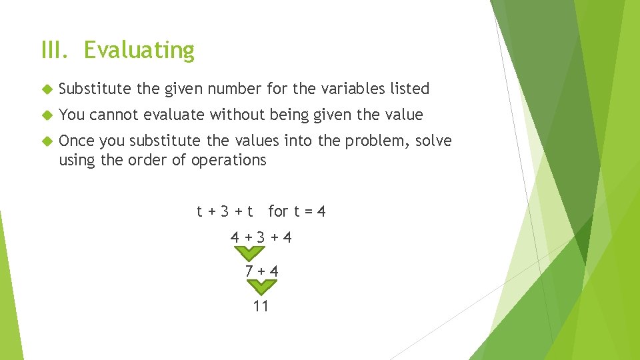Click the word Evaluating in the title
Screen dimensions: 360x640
(x=139, y=51)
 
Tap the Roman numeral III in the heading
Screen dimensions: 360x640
(x=55, y=50)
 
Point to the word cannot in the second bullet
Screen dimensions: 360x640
(x=113, y=115)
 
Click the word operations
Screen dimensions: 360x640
(x=229, y=160)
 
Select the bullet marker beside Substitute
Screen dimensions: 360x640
(x=46, y=89)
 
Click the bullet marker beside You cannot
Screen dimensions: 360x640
(x=46, y=115)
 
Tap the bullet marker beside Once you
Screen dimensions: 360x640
(x=46, y=141)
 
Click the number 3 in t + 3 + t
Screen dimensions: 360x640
(x=225, y=212)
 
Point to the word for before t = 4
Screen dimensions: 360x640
(x=278, y=212)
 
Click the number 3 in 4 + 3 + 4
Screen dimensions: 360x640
(x=261, y=237)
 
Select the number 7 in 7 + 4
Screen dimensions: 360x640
(x=249, y=271)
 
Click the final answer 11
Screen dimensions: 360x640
(x=261, y=306)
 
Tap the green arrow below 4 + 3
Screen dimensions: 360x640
(x=249, y=254)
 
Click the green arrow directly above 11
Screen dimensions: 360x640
(x=262, y=287)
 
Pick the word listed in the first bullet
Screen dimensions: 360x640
(x=409, y=89)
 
